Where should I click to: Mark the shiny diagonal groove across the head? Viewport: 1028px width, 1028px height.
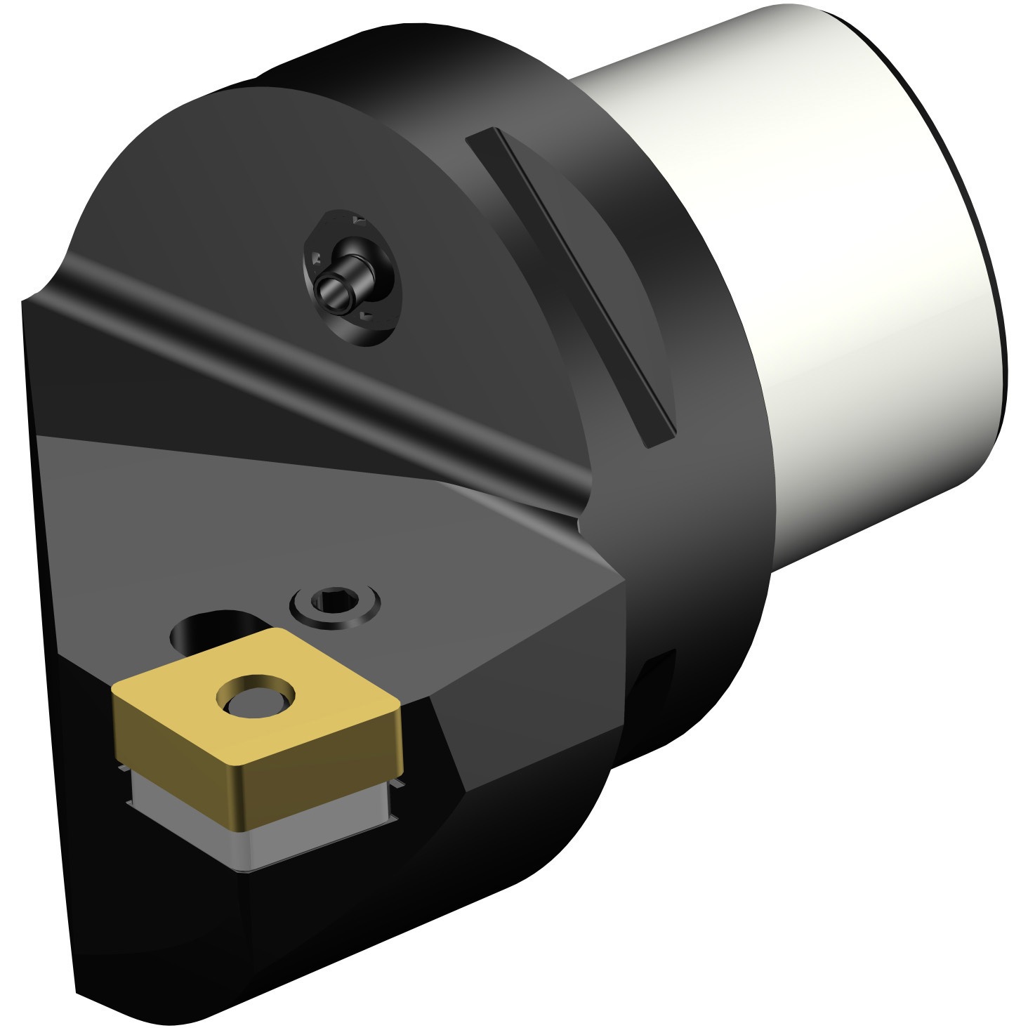coord(316,379)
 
